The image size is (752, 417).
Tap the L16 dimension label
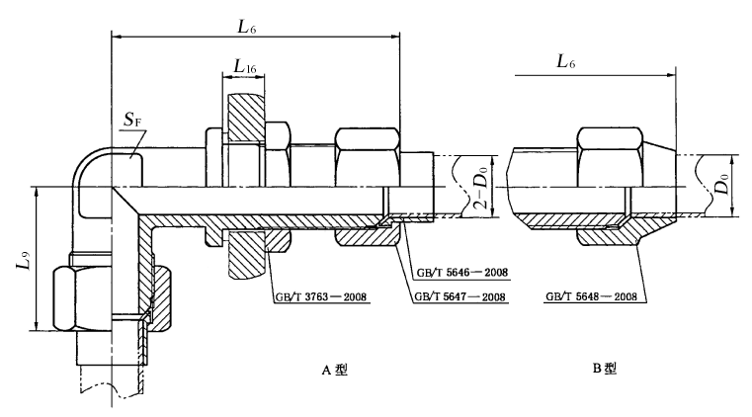click(244, 66)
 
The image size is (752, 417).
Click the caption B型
click(605, 370)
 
